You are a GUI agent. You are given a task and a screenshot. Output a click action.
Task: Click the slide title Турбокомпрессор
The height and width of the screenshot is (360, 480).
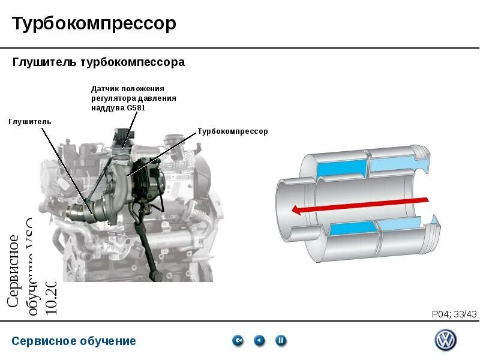(94, 24)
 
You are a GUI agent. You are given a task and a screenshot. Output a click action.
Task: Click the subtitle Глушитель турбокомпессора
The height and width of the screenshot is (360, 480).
(99, 62)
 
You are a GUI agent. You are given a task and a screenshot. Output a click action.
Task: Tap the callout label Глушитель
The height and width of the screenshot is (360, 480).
(30, 122)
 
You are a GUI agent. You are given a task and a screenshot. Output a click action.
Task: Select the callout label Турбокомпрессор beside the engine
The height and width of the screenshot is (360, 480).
(233, 131)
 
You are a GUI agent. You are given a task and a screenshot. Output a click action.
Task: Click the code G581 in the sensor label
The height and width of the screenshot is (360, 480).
(136, 108)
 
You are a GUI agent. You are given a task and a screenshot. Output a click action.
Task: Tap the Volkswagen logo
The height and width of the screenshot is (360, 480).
(445, 341)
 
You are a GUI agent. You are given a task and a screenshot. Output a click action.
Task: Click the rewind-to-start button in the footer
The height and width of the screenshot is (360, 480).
(238, 341)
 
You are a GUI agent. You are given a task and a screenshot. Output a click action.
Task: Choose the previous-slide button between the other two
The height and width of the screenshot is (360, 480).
(259, 341)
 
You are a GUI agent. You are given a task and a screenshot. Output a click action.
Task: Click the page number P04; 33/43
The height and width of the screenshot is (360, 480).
(454, 314)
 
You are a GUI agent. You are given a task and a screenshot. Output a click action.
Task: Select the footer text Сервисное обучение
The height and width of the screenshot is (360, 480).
(74, 341)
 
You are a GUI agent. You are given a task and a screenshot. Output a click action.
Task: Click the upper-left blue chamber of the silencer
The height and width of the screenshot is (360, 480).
(344, 166)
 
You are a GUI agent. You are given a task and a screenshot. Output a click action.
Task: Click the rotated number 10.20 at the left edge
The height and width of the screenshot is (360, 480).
(51, 298)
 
